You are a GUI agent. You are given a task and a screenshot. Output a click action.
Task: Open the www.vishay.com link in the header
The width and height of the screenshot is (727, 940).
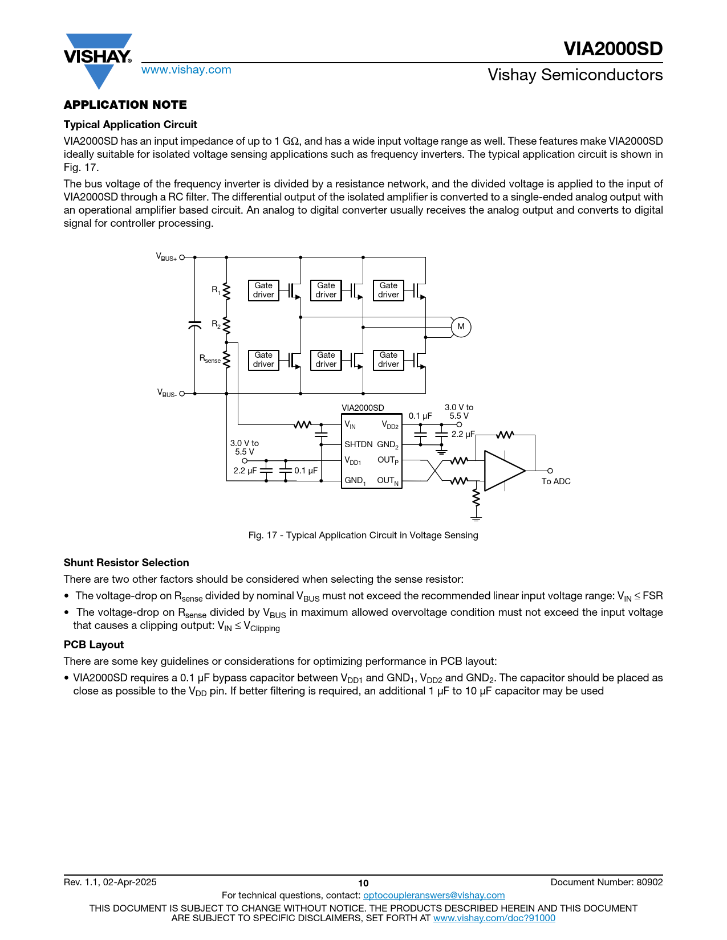(186, 70)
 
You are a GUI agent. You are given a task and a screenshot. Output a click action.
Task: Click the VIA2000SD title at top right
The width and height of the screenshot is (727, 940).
(613, 49)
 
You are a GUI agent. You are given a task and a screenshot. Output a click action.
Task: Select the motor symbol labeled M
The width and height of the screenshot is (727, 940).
(461, 327)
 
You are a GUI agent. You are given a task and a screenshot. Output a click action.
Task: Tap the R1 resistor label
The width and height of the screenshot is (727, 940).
(216, 290)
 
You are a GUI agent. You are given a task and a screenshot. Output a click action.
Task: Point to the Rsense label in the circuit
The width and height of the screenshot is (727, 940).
(210, 359)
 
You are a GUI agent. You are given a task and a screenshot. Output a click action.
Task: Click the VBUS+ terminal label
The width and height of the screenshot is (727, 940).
(166, 257)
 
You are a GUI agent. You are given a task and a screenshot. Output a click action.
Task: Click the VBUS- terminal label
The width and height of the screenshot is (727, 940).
(166, 393)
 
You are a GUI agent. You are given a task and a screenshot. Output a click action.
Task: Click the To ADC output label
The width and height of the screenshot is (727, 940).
(556, 481)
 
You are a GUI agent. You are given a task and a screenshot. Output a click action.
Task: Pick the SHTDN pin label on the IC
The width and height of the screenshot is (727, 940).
(358, 444)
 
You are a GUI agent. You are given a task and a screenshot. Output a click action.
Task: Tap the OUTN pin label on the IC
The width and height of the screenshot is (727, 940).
(388, 481)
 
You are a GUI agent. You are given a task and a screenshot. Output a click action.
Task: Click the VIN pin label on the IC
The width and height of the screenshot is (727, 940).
(350, 425)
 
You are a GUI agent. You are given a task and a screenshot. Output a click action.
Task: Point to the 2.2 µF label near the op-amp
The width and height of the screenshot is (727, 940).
(463, 434)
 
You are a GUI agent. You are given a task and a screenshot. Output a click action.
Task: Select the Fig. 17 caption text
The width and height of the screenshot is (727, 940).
(363, 536)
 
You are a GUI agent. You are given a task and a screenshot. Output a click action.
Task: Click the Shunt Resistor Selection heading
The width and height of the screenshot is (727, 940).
(126, 563)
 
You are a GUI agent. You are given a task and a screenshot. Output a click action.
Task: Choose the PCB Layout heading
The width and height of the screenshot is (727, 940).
(94, 645)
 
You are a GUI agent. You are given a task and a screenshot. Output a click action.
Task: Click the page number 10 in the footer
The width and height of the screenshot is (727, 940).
(363, 883)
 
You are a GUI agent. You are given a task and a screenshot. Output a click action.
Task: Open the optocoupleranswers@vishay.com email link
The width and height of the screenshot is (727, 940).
(434, 896)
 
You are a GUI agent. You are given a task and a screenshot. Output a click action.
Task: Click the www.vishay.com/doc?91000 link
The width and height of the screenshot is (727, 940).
(494, 918)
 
